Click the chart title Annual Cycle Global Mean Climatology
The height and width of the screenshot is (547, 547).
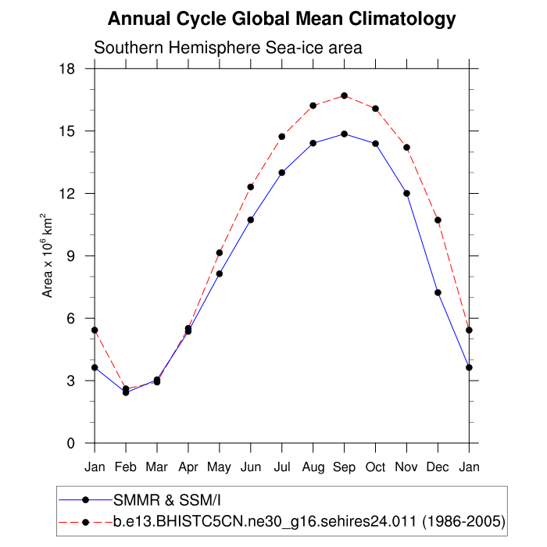(281, 19)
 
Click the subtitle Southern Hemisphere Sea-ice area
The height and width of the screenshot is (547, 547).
(227, 48)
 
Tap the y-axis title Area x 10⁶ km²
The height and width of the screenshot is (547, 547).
(48, 256)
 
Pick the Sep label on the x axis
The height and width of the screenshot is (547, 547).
(345, 467)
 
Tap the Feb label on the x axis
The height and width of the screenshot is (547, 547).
(126, 467)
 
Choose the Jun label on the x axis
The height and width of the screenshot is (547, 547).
(251, 467)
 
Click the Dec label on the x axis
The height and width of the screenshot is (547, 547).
(438, 467)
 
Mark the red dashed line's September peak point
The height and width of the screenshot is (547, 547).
(345, 95)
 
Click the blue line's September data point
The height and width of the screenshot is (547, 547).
(345, 134)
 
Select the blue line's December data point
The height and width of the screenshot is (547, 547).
(438, 292)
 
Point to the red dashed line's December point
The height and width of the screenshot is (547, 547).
(438, 220)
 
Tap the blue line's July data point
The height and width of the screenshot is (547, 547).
(282, 172)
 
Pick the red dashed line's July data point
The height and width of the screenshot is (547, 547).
(282, 136)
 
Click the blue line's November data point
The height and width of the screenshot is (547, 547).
(407, 193)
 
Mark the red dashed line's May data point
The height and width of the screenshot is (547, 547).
(220, 252)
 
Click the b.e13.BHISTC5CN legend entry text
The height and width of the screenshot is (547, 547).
(309, 520)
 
